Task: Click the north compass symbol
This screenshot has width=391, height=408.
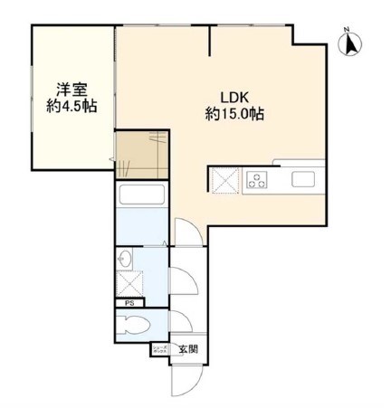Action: (x=350, y=43)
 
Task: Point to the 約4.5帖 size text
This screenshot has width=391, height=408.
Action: (x=72, y=106)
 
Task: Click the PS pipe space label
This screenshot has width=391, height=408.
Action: (x=129, y=304)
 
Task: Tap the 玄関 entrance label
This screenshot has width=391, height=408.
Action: (x=187, y=349)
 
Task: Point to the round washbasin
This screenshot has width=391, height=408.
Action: (x=126, y=261)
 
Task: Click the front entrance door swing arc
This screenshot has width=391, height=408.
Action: (x=185, y=380)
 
